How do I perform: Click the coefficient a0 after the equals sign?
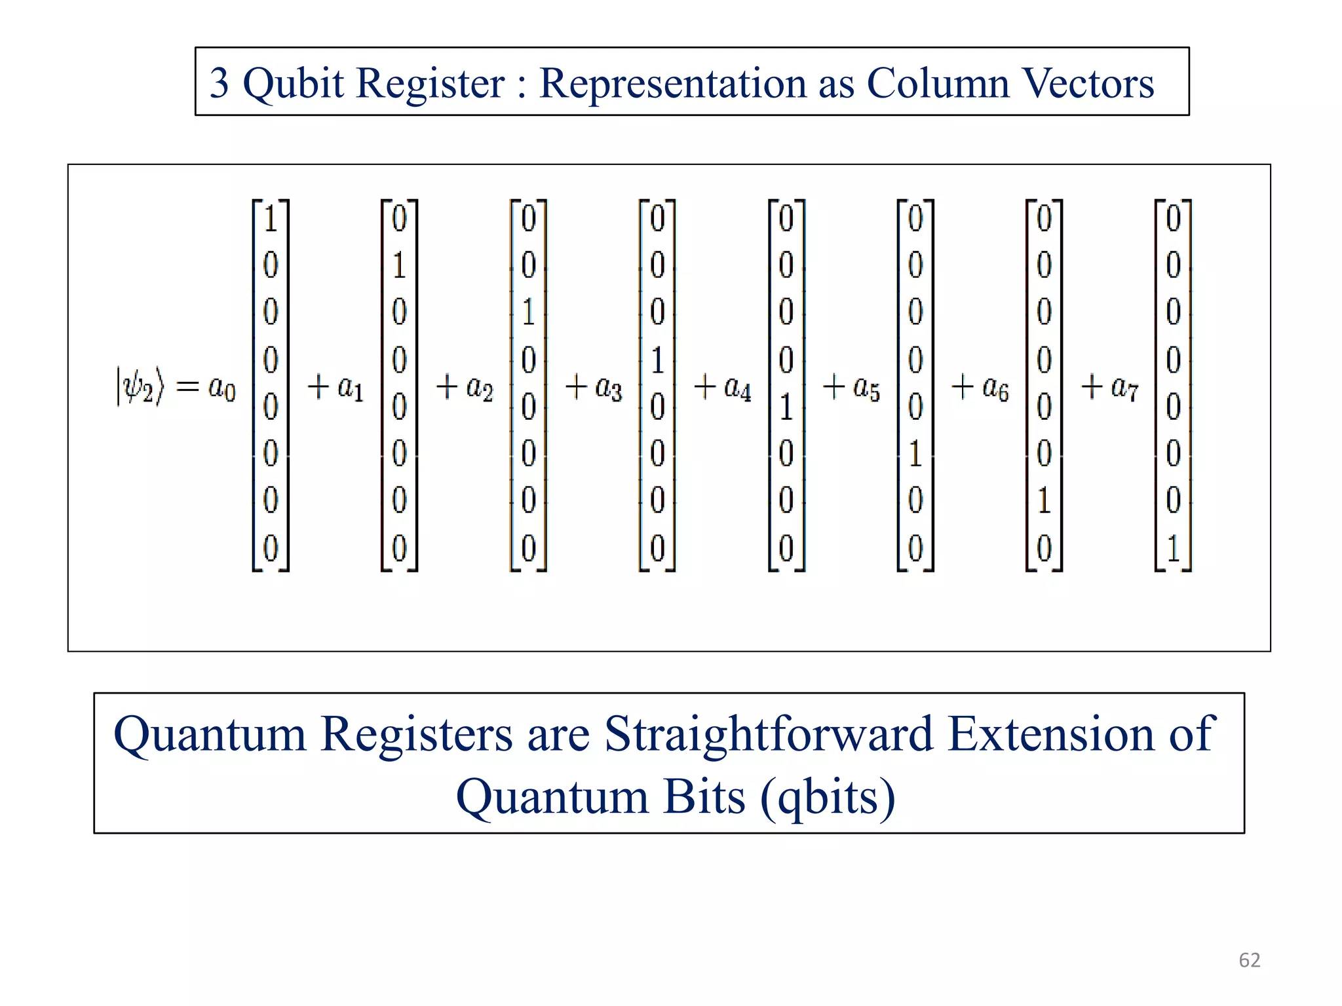(x=221, y=388)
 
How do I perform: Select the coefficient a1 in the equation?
(x=350, y=388)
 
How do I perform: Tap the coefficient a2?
(x=479, y=388)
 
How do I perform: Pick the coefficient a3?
(x=608, y=388)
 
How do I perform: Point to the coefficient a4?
(x=737, y=388)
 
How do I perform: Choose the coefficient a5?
(x=866, y=388)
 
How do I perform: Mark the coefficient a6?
(x=995, y=388)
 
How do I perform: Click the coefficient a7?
(x=1124, y=388)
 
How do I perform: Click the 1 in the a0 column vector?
(x=271, y=218)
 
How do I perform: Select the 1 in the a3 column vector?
(x=657, y=360)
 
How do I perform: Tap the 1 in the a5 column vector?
(x=915, y=454)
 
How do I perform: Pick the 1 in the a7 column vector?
(x=1173, y=548)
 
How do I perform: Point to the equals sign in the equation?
(x=187, y=386)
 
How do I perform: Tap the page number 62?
(x=1249, y=960)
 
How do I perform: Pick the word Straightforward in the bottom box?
(x=769, y=734)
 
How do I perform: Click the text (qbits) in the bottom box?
(x=828, y=797)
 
